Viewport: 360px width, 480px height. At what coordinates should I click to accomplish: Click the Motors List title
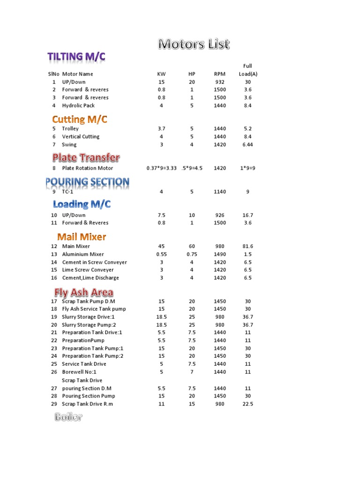194,45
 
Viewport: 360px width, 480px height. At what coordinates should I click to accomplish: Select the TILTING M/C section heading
76,57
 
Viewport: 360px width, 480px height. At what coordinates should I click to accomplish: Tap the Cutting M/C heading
80,120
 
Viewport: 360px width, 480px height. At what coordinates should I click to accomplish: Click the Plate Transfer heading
86,157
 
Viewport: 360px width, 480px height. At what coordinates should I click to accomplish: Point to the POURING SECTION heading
87,181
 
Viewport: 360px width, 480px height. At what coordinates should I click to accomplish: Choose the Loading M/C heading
82,204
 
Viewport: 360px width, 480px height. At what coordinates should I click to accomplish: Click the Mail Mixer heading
82,237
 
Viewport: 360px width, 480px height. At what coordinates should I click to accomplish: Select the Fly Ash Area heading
83,292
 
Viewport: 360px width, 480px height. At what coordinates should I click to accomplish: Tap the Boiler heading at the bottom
68,417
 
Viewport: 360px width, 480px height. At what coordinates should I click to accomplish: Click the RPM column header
219,74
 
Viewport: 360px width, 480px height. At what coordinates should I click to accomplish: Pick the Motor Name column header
77,74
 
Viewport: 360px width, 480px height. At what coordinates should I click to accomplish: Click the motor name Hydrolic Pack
78,105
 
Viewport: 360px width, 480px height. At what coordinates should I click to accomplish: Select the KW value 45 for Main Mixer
161,246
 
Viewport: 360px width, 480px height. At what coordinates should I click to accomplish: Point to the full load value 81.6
247,246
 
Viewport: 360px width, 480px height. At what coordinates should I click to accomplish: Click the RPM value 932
219,82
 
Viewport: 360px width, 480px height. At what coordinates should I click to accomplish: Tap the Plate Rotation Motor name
88,168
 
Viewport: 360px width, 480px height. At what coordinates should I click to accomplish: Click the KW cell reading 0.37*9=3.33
161,168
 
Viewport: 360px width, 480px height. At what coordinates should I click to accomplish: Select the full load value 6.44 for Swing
247,144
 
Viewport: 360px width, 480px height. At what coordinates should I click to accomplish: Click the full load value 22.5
247,404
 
